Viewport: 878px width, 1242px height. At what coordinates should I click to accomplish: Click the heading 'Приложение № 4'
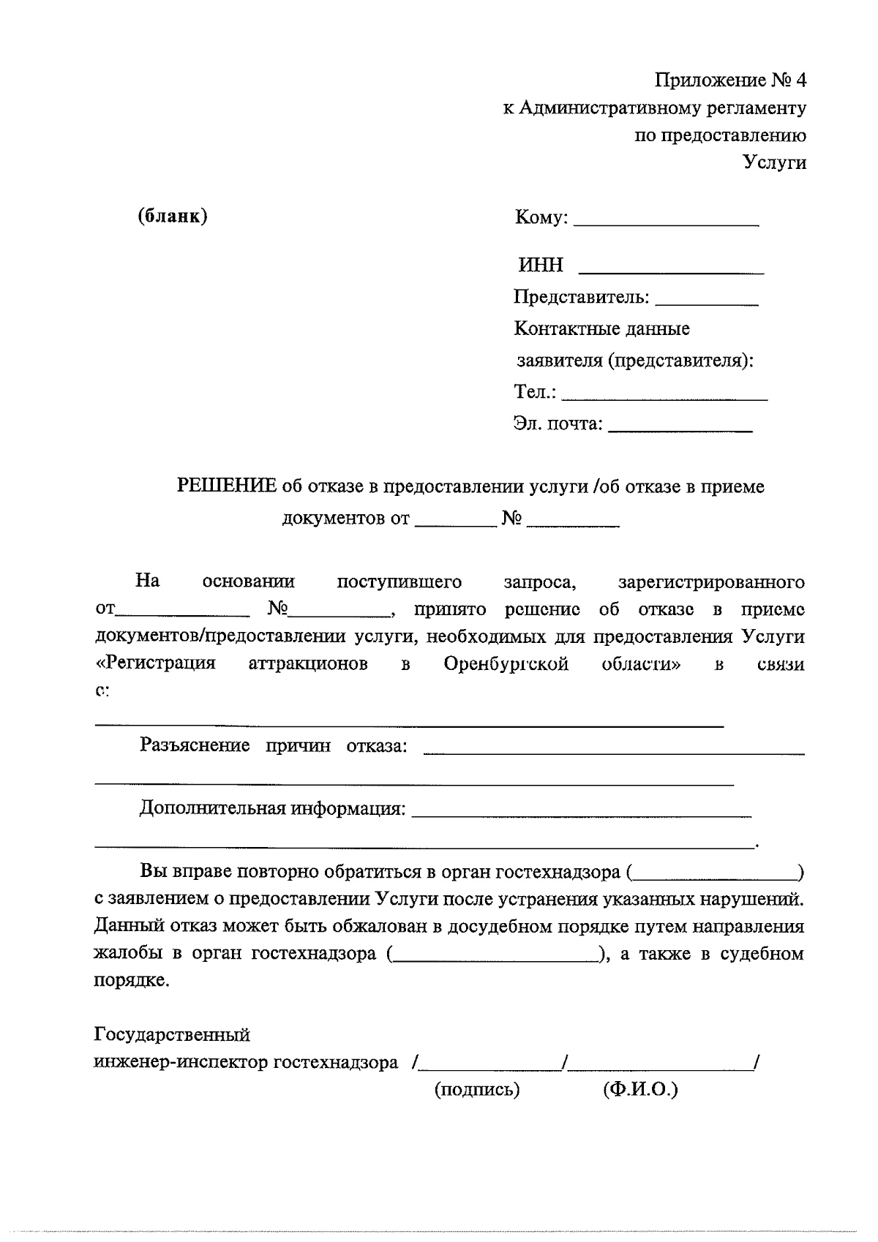pos(729,79)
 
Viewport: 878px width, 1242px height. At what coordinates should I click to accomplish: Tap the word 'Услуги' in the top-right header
pos(774,162)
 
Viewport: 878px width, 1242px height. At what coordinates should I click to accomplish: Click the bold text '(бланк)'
pos(173,217)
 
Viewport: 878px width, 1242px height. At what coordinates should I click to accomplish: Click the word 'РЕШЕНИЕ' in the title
pos(228,486)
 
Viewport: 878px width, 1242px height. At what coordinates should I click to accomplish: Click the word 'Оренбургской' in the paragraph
pos(506,664)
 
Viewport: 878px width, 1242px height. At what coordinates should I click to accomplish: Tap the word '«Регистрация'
pos(156,663)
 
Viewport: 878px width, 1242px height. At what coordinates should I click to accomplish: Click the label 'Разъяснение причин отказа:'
pos(273,746)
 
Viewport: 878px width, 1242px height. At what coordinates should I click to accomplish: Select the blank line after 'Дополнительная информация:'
pos(582,812)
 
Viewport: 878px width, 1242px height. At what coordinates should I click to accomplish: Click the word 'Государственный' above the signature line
pos(173,1035)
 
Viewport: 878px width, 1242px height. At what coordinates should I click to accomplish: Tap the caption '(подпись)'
pos(477,1090)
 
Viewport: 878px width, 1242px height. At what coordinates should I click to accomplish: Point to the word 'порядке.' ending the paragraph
pos(132,981)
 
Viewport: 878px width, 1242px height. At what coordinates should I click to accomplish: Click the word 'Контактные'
pos(561,329)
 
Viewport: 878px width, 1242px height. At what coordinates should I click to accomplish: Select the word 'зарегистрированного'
pos(711,582)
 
